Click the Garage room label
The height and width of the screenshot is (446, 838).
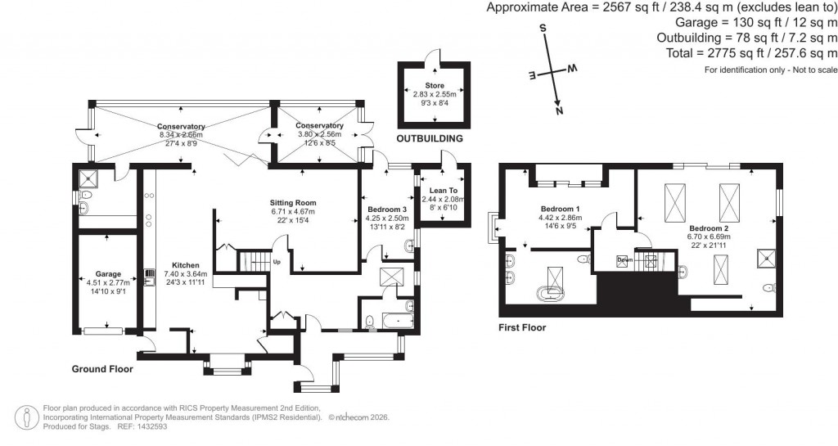108,274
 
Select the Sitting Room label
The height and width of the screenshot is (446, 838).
293,202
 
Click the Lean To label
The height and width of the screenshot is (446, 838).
442,190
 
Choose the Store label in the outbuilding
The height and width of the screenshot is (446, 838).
434,85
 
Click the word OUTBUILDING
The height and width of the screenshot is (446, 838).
430,138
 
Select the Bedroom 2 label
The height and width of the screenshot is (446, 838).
709,228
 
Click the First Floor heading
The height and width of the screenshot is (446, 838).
522,327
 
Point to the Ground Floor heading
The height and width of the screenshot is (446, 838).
102,369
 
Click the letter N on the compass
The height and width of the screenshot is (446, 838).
559,110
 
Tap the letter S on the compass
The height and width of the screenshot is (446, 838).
542,28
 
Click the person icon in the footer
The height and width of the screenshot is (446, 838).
29,417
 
